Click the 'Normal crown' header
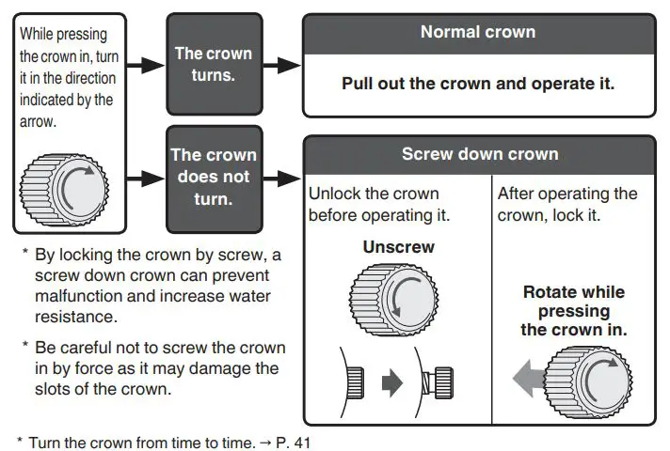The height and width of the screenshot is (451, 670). (x=478, y=32)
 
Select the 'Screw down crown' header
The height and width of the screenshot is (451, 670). (x=480, y=154)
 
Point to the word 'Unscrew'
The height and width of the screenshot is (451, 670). (x=398, y=248)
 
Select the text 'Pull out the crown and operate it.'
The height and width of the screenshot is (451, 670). (x=478, y=83)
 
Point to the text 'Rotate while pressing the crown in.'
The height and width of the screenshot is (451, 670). (x=575, y=311)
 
